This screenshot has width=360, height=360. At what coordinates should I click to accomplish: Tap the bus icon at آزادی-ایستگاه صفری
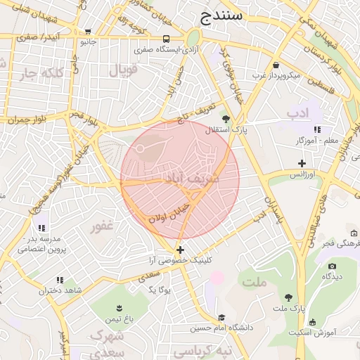167,39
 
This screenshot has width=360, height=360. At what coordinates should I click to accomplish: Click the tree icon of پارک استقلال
226,119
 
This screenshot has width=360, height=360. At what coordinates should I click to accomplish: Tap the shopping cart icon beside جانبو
88,32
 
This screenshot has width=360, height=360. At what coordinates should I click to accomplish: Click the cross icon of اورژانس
302,163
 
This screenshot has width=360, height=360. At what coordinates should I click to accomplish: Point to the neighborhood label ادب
297,113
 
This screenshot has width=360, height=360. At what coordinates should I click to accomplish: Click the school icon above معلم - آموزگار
318,129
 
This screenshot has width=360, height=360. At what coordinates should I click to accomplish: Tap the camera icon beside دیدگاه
332,266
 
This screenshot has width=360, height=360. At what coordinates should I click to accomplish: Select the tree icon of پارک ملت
289,297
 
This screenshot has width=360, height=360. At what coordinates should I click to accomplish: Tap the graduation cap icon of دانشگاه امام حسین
222,317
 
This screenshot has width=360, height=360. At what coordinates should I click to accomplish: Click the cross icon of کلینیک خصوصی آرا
181,250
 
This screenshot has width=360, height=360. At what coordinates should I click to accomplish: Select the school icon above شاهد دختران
60,280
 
